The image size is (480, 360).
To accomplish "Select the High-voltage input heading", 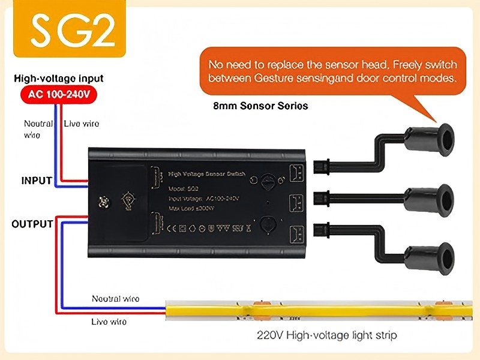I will pos(59,79).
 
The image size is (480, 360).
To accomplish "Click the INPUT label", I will pos(37,180).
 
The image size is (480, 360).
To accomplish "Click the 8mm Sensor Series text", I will pos(260,106).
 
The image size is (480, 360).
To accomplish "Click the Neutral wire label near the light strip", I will pos(115,298).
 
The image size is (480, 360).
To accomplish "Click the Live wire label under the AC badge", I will pos(82,124).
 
